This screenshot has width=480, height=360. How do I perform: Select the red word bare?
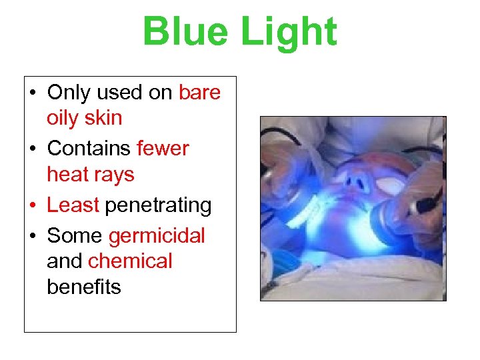199,93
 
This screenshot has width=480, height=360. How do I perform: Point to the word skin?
105,118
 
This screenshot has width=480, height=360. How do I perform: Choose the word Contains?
89,148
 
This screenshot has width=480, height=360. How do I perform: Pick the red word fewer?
163,148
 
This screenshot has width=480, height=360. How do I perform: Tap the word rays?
114,174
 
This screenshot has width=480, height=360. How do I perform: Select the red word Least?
73,205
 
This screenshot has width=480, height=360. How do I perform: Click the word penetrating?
158,205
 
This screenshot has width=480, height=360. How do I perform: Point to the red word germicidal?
156,236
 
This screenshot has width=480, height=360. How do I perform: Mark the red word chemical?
129,261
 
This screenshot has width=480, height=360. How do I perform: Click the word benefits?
83,287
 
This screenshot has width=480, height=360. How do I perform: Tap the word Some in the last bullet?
74,236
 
